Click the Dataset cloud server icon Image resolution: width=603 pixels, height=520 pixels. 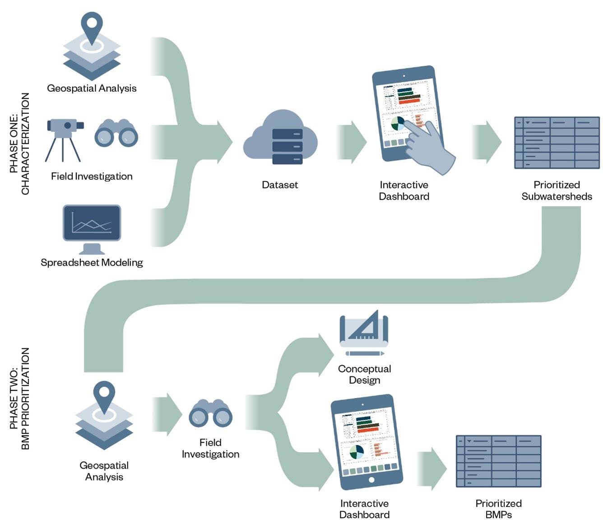click(x=280, y=138)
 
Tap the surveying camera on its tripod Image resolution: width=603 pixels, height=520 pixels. click(x=64, y=138)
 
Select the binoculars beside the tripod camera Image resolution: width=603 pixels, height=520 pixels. click(x=116, y=133)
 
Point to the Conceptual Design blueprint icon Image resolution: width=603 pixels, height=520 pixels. click(x=364, y=333)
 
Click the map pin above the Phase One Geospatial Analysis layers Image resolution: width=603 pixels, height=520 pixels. click(x=92, y=27)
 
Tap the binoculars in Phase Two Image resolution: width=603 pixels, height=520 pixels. click(x=210, y=413)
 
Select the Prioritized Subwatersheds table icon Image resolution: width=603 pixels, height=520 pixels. click(x=557, y=142)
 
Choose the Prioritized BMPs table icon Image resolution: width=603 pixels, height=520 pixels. click(x=498, y=461)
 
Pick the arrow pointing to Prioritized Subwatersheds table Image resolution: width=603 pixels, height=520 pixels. click(x=487, y=142)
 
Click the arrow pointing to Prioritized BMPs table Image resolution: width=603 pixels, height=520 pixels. click(x=432, y=468)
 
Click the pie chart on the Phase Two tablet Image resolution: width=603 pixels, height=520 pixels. click(x=356, y=451)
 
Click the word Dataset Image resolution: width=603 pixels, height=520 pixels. click(x=280, y=185)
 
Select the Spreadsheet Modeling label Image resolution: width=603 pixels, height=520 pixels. click(x=92, y=262)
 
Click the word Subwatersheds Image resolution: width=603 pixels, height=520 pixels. click(x=557, y=197)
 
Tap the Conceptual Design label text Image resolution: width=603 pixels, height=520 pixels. click(x=364, y=375)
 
